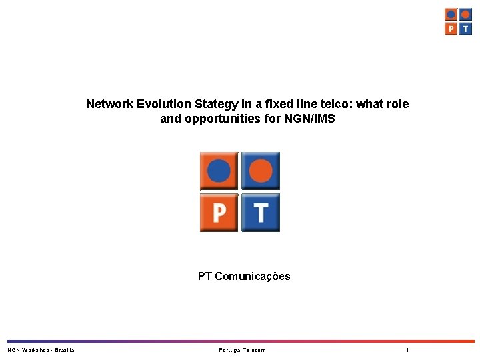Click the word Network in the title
coord(110,104)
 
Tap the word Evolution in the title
coord(164,104)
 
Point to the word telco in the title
coord(337,104)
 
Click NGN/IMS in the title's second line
coord(310,119)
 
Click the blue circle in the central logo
coord(219,171)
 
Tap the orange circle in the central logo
coord(261,171)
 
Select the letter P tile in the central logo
coord(219,213)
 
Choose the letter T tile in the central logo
coord(261,213)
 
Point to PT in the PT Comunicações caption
coord(205,276)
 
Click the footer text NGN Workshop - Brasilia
coord(41,350)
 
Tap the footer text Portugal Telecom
coord(242,350)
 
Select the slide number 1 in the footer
coord(407,350)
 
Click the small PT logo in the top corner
coord(459,21)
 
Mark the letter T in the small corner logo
coord(465,29)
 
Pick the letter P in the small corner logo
coord(451,29)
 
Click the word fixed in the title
coord(279,104)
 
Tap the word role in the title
coord(397,104)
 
